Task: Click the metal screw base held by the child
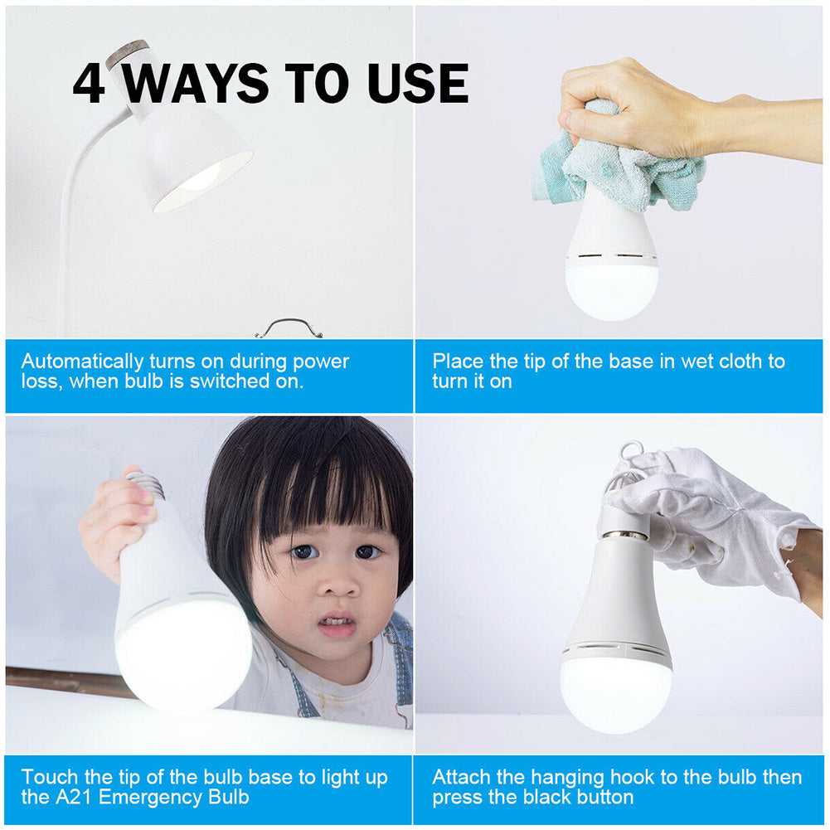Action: pyautogui.click(x=146, y=484)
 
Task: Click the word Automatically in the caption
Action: pyautogui.click(x=81, y=362)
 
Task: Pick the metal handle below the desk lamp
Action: pyautogui.click(x=289, y=327)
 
